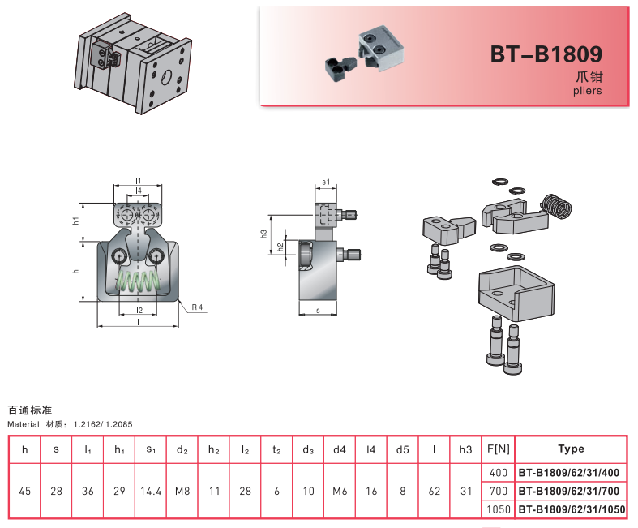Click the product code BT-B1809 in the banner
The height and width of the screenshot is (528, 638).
[546, 54]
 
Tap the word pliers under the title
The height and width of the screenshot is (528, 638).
[587, 91]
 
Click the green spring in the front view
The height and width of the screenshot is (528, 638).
[139, 283]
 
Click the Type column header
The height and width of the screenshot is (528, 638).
[571, 449]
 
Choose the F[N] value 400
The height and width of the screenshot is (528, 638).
[498, 472]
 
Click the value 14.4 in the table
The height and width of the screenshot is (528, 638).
[151, 491]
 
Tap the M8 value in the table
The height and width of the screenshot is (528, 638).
[182, 491]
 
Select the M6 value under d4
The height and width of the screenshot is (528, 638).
[339, 491]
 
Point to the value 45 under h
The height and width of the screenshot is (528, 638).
[24, 491]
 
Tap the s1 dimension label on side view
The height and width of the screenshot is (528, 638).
[326, 183]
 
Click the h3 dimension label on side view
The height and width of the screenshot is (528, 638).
[264, 233]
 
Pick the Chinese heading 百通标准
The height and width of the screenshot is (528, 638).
[30, 410]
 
